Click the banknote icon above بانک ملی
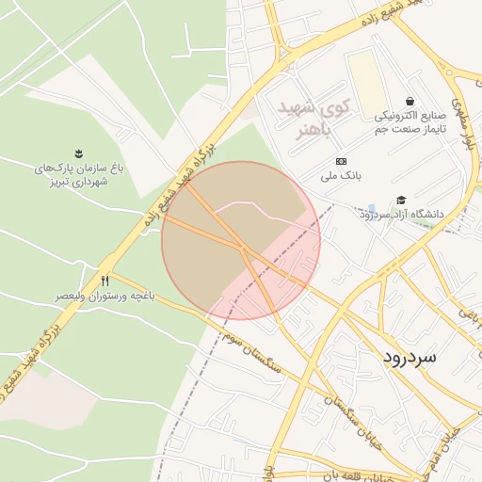pyautogui.click(x=341, y=160)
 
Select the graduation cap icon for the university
pyautogui.click(x=402, y=200)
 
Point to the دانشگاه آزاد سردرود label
pyautogui.click(x=399, y=215)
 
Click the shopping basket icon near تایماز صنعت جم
pyautogui.click(x=410, y=101)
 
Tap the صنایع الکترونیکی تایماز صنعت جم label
pyautogui.click(x=410, y=121)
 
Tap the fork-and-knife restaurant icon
pyautogui.click(x=104, y=281)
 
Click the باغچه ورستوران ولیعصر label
pyautogui.click(x=104, y=296)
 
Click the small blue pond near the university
pyautogui.click(x=372, y=208)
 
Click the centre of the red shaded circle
pyautogui.click(x=241, y=241)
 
